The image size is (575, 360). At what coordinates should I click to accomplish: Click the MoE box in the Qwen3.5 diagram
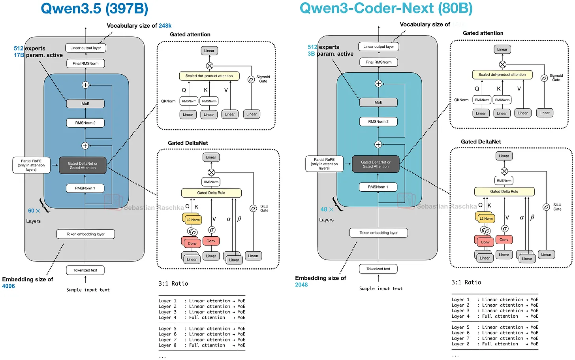[85, 104]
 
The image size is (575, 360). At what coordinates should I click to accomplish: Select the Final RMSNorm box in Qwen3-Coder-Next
[378, 62]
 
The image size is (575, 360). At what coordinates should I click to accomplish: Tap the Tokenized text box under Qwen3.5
[85, 270]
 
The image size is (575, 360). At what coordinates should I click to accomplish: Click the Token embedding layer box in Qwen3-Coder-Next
[378, 233]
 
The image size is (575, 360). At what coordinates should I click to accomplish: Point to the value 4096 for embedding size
[8, 286]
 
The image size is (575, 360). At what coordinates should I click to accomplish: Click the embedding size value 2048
[301, 285]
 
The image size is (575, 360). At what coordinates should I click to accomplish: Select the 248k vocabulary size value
[165, 26]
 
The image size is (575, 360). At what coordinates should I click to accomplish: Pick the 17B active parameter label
[19, 55]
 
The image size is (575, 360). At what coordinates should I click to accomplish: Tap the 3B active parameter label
[311, 54]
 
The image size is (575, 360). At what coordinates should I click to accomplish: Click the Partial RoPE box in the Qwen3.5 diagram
[31, 165]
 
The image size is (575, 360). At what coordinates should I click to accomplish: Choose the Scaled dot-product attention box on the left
[209, 76]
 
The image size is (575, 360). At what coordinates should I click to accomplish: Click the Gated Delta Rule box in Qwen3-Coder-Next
[504, 192]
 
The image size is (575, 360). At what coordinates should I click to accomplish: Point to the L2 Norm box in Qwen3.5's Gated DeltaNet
[193, 220]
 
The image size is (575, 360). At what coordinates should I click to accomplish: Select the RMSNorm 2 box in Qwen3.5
[85, 123]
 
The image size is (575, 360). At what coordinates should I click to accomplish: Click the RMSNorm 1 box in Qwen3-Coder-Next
[378, 187]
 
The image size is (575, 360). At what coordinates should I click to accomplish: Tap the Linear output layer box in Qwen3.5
[85, 48]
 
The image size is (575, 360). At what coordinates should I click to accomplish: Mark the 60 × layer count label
[34, 211]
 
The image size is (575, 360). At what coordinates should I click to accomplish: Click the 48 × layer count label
[327, 209]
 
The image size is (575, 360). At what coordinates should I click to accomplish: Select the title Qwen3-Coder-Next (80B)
[386, 8]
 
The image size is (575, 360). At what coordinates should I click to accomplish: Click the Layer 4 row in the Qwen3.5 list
[201, 317]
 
